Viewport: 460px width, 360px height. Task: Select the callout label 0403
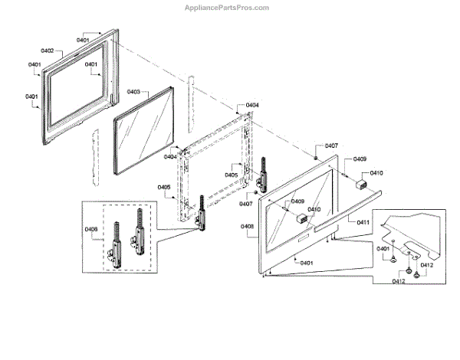(133, 92)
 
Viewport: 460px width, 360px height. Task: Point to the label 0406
(91, 228)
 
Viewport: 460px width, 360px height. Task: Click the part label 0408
(247, 226)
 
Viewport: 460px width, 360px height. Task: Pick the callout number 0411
(363, 221)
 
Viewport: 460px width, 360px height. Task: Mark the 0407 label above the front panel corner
(331, 146)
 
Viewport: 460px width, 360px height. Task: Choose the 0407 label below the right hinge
(245, 205)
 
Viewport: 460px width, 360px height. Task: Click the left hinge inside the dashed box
(117, 241)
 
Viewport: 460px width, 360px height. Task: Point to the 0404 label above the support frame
(252, 105)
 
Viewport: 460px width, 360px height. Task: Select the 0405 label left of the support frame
(163, 188)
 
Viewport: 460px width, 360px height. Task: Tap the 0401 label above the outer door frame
(83, 38)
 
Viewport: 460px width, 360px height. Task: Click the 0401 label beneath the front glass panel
(307, 263)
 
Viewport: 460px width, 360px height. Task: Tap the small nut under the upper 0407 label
(316, 157)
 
